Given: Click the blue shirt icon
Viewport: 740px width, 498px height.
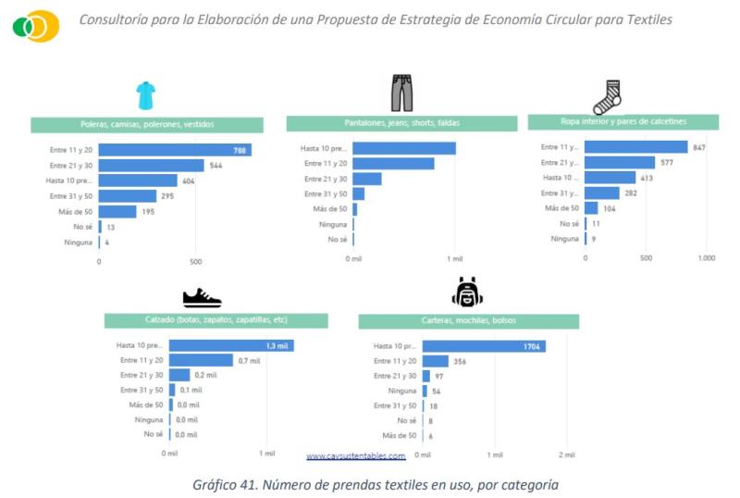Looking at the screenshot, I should pyautogui.click(x=145, y=94).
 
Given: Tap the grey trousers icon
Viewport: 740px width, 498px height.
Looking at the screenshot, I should pyautogui.click(x=401, y=93).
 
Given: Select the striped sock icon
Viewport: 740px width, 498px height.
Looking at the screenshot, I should pyautogui.click(x=607, y=96).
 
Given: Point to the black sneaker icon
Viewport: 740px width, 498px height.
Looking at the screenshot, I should pyautogui.click(x=202, y=298).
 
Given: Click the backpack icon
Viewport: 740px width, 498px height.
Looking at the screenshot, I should pyautogui.click(x=467, y=293).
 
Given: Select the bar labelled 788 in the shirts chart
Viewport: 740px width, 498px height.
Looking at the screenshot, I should pyautogui.click(x=175, y=150).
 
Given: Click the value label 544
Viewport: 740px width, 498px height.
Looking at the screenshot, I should pyautogui.click(x=217, y=166).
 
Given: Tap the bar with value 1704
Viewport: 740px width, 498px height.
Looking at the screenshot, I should pyautogui.click(x=484, y=346).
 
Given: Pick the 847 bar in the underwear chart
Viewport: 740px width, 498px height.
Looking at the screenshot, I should pyautogui.click(x=636, y=147).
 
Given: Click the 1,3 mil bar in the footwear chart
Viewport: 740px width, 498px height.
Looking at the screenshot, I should pyautogui.click(x=230, y=345).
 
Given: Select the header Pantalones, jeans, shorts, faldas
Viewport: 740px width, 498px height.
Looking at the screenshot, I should pyautogui.click(x=399, y=123).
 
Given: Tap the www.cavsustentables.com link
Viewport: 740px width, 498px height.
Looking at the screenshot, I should pyautogui.click(x=356, y=456).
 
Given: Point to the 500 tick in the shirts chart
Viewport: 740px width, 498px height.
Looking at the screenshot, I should pyautogui.click(x=196, y=262).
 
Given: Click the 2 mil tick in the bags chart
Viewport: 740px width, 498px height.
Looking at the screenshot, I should pyautogui.click(x=566, y=455).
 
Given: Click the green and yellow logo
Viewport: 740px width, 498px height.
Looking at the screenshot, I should pyautogui.click(x=36, y=26).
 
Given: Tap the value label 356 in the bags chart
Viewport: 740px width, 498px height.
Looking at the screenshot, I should pyautogui.click(x=460, y=361).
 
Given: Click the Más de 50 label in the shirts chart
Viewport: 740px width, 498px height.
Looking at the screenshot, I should pyautogui.click(x=74, y=212).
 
